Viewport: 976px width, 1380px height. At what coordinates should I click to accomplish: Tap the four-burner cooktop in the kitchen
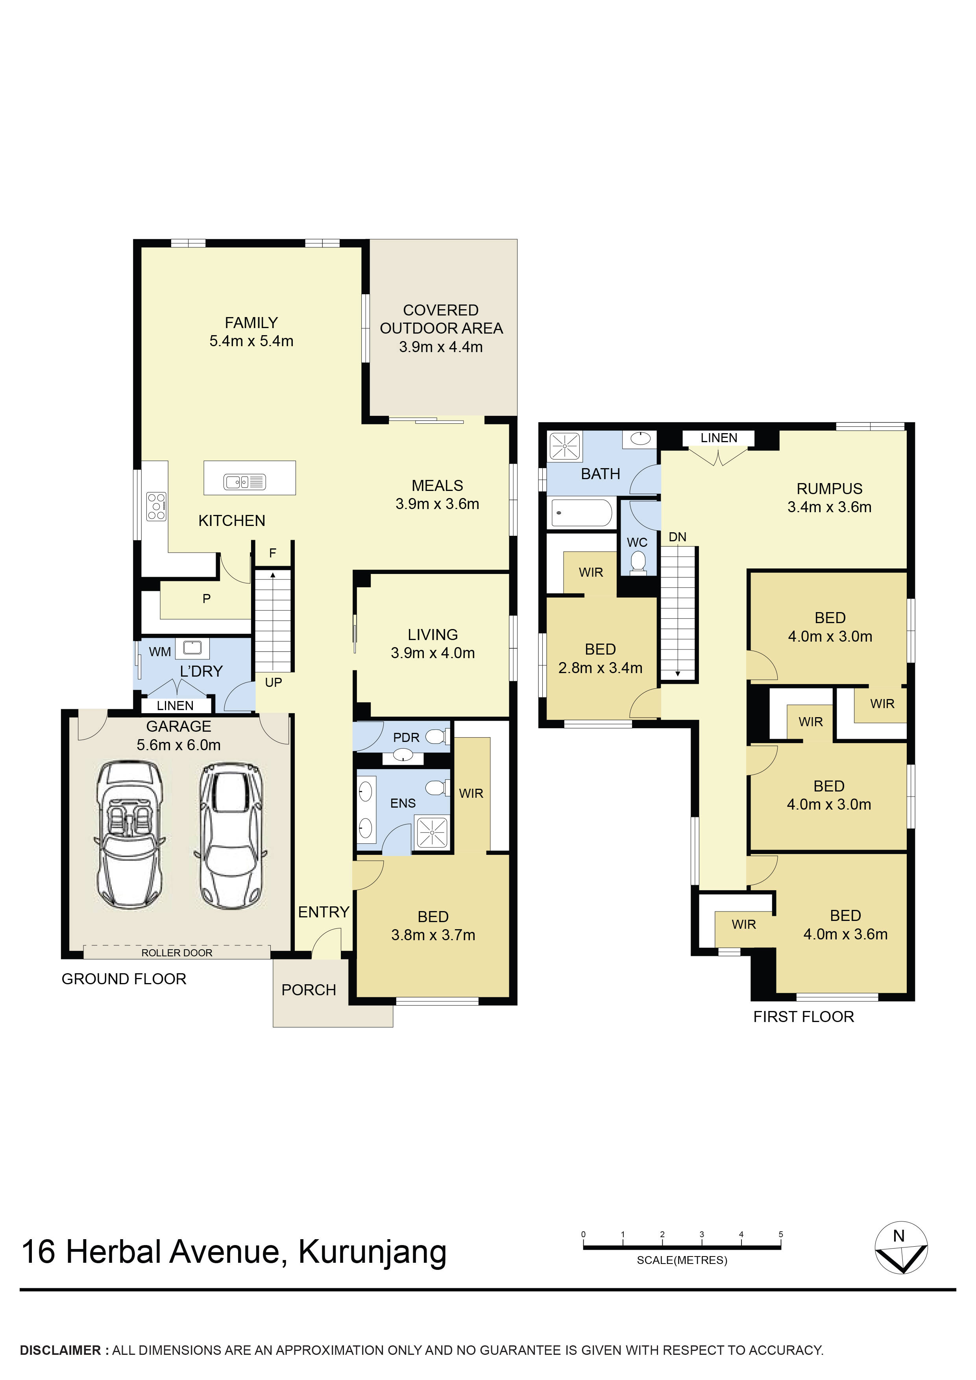[156, 506]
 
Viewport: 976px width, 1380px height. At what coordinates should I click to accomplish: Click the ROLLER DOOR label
[177, 953]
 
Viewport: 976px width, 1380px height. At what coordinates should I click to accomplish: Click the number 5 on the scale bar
[780, 1234]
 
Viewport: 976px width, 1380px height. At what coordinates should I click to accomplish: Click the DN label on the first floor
[677, 537]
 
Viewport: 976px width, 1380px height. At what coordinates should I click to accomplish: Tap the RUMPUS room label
[829, 489]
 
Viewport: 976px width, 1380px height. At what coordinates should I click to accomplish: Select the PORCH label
[309, 990]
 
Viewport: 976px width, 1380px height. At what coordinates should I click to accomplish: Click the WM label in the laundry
[160, 651]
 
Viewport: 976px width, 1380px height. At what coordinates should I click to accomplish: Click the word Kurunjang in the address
[373, 1252]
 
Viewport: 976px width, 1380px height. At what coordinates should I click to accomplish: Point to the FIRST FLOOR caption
[803, 1017]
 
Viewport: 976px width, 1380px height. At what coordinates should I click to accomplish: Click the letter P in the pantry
[206, 599]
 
